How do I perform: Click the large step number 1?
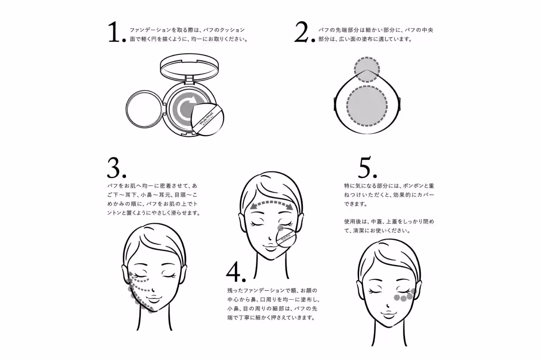[x=115, y=33]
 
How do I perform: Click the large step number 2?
[x=304, y=33]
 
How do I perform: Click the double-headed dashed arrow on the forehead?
[x=271, y=204]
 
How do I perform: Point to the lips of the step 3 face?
[x=154, y=299]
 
